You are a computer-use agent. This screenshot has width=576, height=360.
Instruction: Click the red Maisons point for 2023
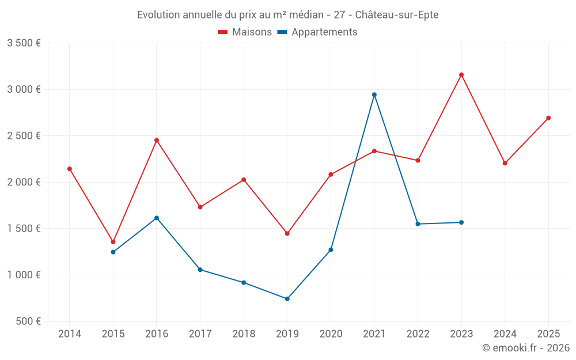pyautogui.click(x=461, y=74)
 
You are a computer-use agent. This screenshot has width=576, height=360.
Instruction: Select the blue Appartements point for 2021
pyautogui.click(x=374, y=94)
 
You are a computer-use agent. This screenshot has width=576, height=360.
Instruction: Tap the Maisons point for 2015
pyautogui.click(x=113, y=242)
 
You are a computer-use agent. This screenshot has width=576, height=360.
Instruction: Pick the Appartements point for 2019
pyautogui.click(x=287, y=299)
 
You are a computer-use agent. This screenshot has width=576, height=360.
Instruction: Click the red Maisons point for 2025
pyautogui.click(x=548, y=118)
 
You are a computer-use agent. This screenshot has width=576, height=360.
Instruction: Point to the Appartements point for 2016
pyautogui.click(x=157, y=218)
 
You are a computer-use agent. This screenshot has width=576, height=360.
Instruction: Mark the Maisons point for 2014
pyautogui.click(x=70, y=169)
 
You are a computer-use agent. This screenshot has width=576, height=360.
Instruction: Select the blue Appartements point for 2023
pyautogui.click(x=461, y=222)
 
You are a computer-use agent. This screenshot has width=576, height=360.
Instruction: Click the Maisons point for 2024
pyautogui.click(x=505, y=163)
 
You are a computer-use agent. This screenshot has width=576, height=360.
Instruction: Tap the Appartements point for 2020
pyautogui.click(x=331, y=250)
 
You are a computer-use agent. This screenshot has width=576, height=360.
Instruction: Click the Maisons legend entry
pyautogui.click(x=245, y=32)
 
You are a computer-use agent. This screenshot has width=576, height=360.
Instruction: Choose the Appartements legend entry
pyautogui.click(x=317, y=32)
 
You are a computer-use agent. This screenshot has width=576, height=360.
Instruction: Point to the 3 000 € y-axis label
pyautogui.click(x=24, y=89)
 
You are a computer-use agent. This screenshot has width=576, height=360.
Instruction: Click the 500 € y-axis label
pyautogui.click(x=28, y=321)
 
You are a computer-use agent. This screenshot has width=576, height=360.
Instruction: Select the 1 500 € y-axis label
pyautogui.click(x=24, y=229)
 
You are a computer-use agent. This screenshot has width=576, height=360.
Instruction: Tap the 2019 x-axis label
pyautogui.click(x=287, y=334)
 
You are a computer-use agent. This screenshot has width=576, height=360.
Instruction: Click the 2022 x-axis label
pyautogui.click(x=418, y=334)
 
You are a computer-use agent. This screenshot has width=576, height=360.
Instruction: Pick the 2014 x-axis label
pyautogui.click(x=70, y=334)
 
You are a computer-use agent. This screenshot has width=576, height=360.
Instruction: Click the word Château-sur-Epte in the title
pyautogui.click(x=397, y=15)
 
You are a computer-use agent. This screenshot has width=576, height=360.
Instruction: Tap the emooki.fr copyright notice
pyautogui.click(x=526, y=348)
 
